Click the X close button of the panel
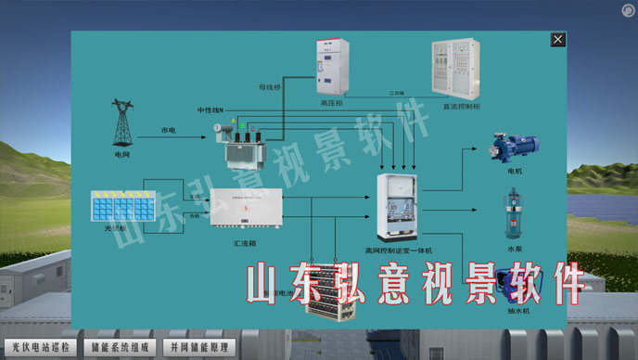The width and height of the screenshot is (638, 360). point(557,40)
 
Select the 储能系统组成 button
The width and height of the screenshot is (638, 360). point(120,347)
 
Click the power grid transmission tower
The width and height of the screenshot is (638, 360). point(121,123)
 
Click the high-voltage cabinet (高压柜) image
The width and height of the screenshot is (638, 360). point(331,68)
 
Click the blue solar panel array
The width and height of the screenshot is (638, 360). point(122,205)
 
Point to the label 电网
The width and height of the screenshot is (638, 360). point(122,155)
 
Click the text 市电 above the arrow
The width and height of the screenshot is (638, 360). point(169,130)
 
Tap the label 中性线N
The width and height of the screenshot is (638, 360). point(210,110)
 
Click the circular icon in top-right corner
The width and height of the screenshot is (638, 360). point(627,9)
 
